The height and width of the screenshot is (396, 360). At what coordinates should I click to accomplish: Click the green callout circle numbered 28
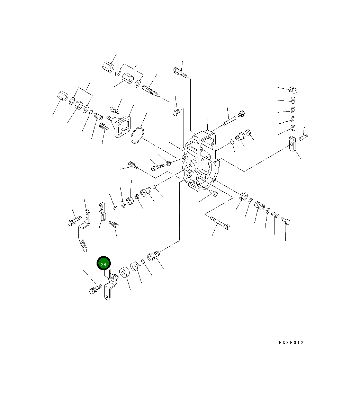pos(104,263)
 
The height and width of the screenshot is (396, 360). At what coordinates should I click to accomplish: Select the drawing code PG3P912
pos(291,343)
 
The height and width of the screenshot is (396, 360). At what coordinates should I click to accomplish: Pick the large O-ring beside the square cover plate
pos(137,135)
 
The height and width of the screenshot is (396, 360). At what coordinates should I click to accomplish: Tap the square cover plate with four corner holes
pos(123,126)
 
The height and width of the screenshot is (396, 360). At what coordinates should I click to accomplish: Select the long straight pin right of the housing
pos(229,121)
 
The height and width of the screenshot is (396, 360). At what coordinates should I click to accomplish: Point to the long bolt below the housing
pos(220,223)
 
